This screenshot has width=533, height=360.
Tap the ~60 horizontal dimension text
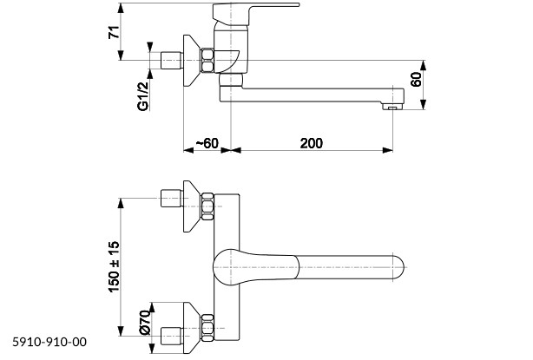207,142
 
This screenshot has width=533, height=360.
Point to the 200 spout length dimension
311,142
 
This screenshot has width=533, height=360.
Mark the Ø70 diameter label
143,324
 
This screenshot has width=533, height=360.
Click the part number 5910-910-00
49,344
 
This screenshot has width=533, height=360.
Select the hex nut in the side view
208,61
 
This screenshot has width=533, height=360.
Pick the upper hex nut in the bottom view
207,207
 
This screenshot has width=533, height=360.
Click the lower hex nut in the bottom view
207,327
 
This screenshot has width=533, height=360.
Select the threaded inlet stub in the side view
172,61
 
